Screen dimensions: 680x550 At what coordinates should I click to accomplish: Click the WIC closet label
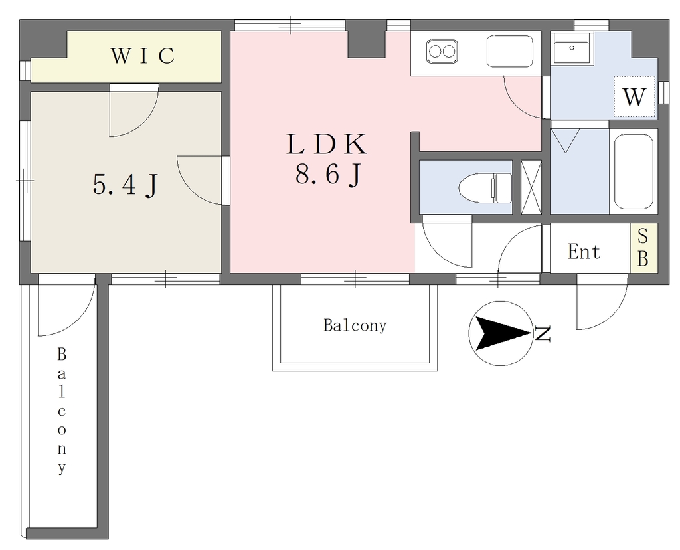click(x=143, y=56)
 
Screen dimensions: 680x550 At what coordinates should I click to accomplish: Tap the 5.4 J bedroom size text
click(x=125, y=185)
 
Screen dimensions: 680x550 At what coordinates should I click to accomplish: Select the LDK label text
click(x=327, y=144)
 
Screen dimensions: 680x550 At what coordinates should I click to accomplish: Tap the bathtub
click(x=634, y=171)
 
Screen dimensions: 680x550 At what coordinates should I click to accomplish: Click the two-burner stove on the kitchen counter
click(x=442, y=52)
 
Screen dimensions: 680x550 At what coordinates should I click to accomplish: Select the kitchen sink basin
click(x=510, y=51)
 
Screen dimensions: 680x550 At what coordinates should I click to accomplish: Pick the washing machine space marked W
click(x=634, y=97)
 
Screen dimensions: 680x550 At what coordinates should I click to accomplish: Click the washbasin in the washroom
click(x=572, y=48)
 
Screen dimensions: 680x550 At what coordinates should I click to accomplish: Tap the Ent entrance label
click(x=584, y=252)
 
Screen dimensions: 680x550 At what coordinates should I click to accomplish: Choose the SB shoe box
click(x=643, y=248)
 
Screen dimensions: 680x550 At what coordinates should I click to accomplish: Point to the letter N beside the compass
click(x=543, y=333)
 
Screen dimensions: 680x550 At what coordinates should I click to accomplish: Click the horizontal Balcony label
click(x=355, y=325)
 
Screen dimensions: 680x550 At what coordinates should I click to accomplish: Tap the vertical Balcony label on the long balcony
click(x=62, y=411)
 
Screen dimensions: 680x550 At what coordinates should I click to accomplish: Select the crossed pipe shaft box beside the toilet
click(x=531, y=187)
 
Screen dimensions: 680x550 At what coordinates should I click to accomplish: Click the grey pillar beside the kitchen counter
click(x=367, y=45)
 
